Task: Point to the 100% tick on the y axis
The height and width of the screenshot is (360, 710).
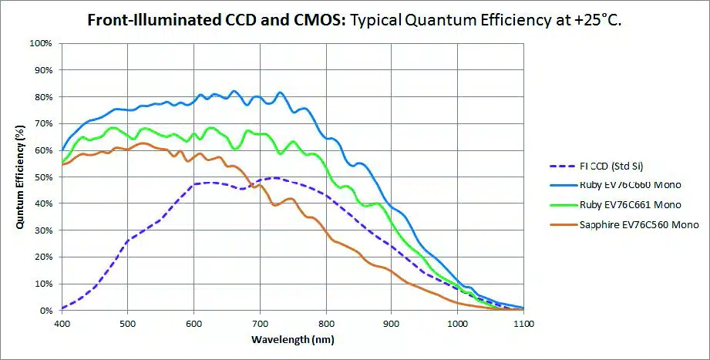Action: click(41, 43)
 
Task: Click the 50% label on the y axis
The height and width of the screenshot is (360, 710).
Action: click(43, 177)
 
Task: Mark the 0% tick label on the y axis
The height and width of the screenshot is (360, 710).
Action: click(45, 311)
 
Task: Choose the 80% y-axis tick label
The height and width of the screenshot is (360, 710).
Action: click(43, 97)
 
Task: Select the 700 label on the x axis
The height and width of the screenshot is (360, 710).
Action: click(260, 324)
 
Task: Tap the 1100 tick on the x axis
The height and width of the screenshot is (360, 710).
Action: click(523, 324)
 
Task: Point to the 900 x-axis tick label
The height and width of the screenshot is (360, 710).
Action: click(392, 324)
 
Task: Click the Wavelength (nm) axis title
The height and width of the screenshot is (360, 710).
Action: click(293, 339)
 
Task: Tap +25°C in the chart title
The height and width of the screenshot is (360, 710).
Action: click(596, 20)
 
